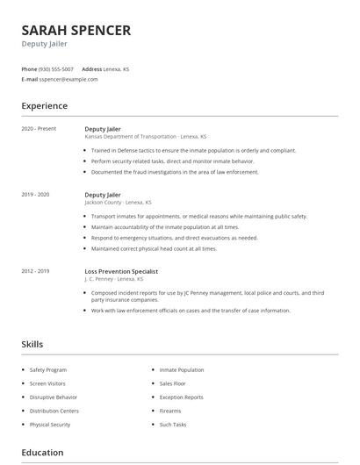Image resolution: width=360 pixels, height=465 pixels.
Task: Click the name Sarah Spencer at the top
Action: click(x=76, y=31)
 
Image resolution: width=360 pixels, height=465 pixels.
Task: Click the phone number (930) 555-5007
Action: click(x=57, y=68)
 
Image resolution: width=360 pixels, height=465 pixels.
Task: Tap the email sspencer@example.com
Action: click(x=68, y=79)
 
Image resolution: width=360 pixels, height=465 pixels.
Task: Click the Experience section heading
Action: click(x=44, y=106)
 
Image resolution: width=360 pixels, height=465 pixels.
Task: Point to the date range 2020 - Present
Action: click(x=39, y=129)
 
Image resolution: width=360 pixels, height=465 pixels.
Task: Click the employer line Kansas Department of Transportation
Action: click(x=146, y=137)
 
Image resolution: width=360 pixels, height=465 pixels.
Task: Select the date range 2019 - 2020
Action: click(x=35, y=194)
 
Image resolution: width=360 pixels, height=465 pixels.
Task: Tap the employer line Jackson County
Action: click(x=118, y=202)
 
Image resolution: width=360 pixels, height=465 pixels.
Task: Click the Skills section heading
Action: click(x=32, y=345)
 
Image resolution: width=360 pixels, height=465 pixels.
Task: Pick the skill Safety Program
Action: click(x=48, y=369)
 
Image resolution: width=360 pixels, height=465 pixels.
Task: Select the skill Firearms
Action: click(x=170, y=411)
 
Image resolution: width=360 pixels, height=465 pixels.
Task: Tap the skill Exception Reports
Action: click(x=182, y=397)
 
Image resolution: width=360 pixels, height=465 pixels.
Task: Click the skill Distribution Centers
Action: click(x=54, y=411)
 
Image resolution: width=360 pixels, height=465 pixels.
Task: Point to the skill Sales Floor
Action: click(x=172, y=383)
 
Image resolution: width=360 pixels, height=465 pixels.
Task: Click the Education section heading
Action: click(x=42, y=453)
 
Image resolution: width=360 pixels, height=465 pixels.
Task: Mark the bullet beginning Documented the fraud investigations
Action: click(x=174, y=172)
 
